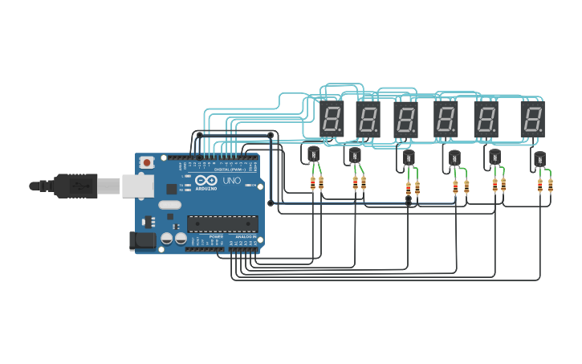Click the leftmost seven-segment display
(x=332, y=119)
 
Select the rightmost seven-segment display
(x=531, y=119)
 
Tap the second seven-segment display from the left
(x=368, y=119)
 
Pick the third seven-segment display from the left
(x=406, y=119)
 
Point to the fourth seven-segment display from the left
(x=446, y=119)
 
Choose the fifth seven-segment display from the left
(x=486, y=119)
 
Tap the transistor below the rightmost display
(x=539, y=159)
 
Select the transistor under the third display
(x=409, y=157)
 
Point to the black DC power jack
(x=143, y=239)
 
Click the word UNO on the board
(x=232, y=180)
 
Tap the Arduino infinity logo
(x=205, y=180)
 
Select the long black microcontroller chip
(x=222, y=224)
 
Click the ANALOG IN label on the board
(x=245, y=237)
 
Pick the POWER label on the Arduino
(x=216, y=237)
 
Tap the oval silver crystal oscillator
(x=169, y=205)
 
